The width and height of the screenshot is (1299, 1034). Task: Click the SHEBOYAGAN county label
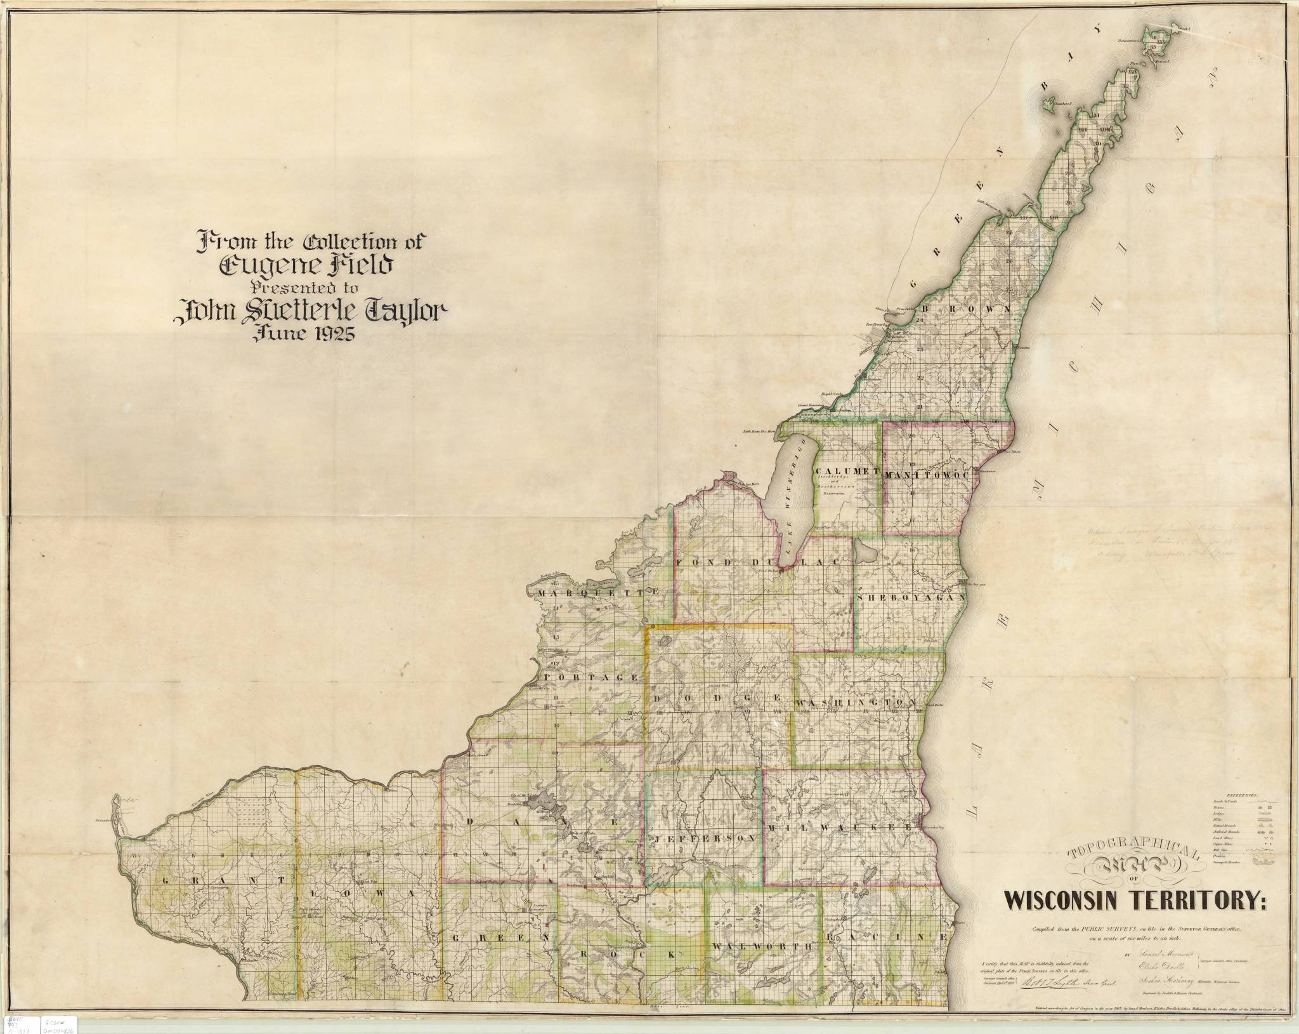click(x=910, y=598)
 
